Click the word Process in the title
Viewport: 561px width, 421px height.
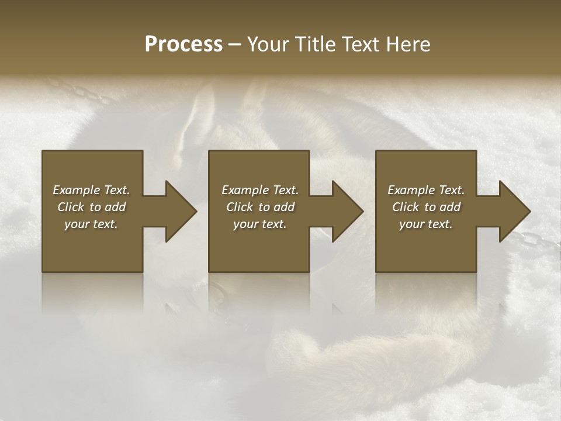(x=183, y=44)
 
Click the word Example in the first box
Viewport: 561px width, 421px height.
(x=77, y=190)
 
